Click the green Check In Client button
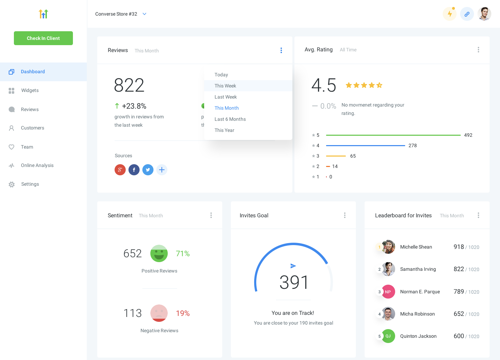[43, 38]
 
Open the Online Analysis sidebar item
[37, 166]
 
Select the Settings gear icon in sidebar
[12, 184]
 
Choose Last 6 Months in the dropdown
[230, 119]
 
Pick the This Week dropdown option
[225, 86]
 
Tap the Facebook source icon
[134, 170]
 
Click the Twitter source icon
[148, 170]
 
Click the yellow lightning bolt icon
[450, 14]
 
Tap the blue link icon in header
[467, 14]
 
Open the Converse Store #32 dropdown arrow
[144, 14]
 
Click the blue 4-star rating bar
[365, 145]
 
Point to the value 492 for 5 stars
[468, 135]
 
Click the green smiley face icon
[159, 254]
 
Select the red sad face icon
[159, 313]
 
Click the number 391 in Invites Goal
[294, 282]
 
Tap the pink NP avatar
[388, 292]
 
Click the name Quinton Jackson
[418, 336]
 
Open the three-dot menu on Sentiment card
[211, 215]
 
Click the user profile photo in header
[484, 14]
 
